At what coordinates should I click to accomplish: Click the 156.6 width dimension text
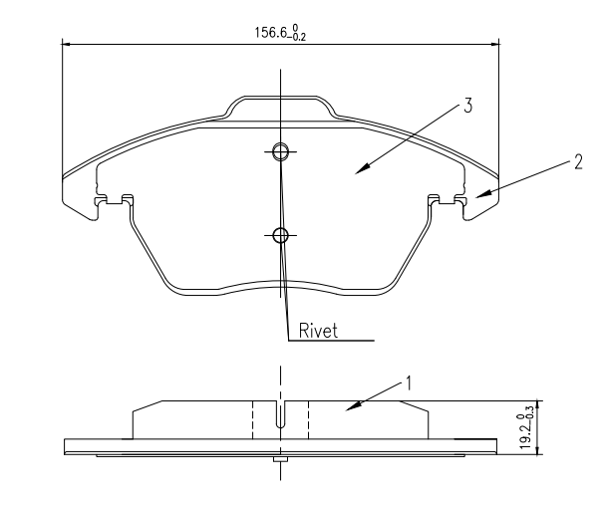[x=279, y=34]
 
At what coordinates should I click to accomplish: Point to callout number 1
[x=409, y=381]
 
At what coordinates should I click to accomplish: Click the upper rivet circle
[x=281, y=151]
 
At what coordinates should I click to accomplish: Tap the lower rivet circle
[x=281, y=235]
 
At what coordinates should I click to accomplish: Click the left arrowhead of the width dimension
[x=67, y=44]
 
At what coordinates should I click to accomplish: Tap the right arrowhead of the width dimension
[x=493, y=44]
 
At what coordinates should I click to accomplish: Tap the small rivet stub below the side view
[x=281, y=461]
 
